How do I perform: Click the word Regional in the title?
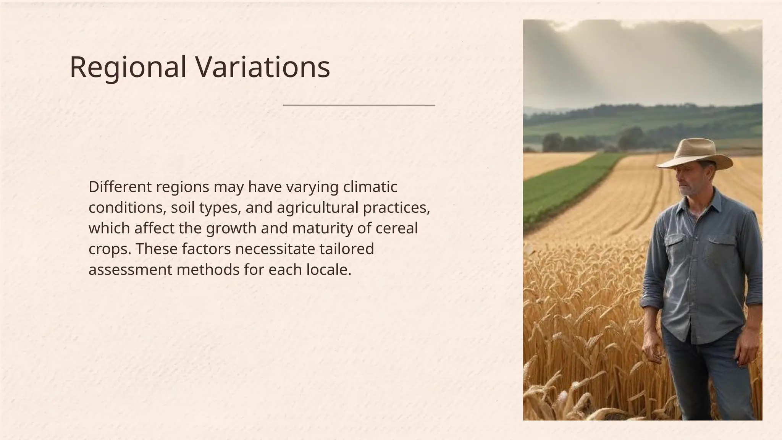point(128,68)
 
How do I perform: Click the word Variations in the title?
point(263,68)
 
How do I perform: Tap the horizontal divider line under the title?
point(359,105)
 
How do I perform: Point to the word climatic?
point(370,187)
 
